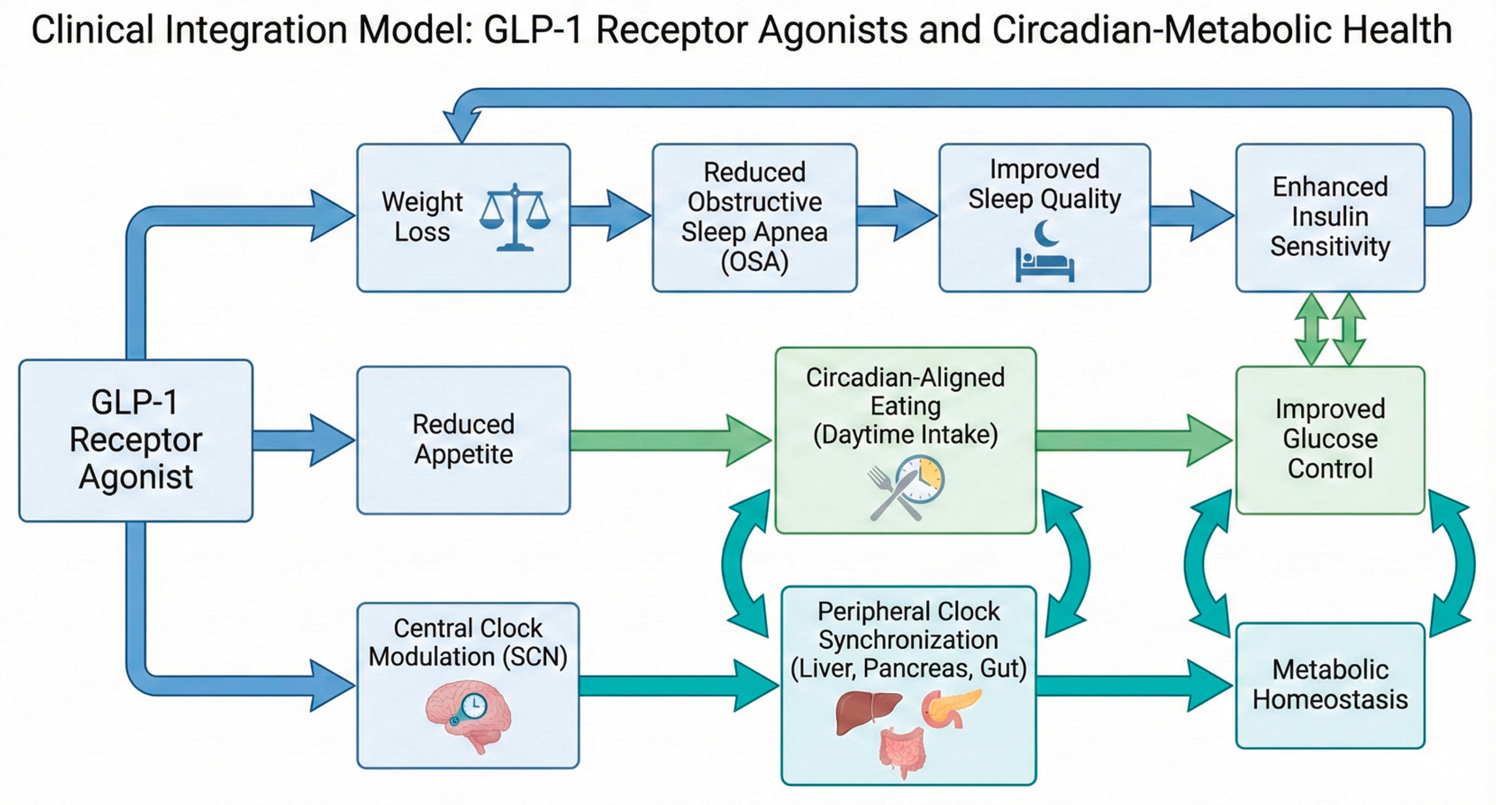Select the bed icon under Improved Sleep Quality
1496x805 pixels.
click(1044, 265)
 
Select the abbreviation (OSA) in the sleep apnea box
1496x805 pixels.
click(754, 261)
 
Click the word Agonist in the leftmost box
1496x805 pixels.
click(135, 477)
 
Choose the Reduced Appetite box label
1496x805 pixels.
click(463, 439)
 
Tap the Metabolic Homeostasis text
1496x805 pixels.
click(1330, 684)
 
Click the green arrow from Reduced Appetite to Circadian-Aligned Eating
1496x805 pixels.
click(668, 440)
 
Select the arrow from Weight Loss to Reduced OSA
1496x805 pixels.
click(610, 215)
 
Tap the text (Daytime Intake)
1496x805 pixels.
click(905, 434)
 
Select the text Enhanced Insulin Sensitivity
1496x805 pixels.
click(1330, 216)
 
